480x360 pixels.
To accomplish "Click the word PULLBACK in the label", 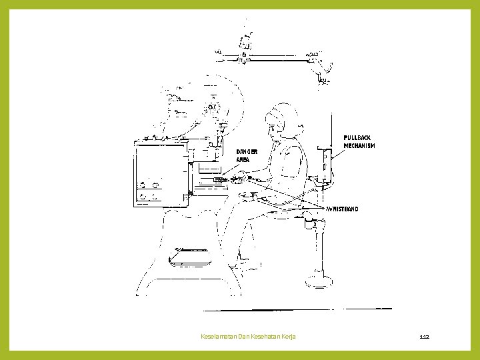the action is point(357,138).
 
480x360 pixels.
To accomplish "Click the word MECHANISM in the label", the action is point(359,146).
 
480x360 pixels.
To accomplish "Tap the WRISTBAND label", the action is point(343,209).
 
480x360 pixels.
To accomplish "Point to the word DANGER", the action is point(247,151).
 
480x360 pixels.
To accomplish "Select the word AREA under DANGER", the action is point(243,160).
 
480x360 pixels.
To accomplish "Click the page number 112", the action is point(425,337).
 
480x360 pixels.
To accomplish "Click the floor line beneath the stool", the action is point(297,309).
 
